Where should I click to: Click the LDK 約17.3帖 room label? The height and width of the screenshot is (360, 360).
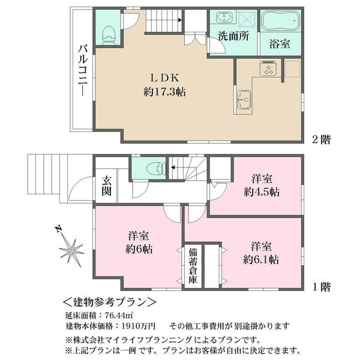(164, 85)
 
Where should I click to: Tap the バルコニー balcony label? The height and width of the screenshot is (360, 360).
(83, 70)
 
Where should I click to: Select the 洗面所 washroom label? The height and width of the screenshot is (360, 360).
(233, 36)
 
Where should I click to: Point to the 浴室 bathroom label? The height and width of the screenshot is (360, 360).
(280, 43)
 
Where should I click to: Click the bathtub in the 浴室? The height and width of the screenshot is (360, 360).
(281, 21)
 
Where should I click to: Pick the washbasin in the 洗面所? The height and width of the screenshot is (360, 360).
(224, 17)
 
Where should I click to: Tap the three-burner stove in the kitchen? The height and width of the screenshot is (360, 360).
(268, 68)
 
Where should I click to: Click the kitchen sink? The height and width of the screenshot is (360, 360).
(244, 100)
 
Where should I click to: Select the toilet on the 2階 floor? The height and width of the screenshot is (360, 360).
(108, 35)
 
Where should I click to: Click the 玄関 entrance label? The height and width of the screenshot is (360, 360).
(106, 186)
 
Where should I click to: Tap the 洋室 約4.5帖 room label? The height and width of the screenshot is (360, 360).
(262, 185)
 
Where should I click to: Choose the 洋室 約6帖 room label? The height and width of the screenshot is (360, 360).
(139, 242)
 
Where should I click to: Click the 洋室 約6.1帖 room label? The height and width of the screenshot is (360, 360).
(261, 253)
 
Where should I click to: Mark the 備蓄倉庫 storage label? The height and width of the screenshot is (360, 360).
(193, 266)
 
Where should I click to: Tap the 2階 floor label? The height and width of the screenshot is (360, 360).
(321, 139)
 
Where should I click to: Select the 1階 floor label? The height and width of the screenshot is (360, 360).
(322, 287)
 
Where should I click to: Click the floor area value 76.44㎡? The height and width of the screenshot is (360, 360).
(119, 316)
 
